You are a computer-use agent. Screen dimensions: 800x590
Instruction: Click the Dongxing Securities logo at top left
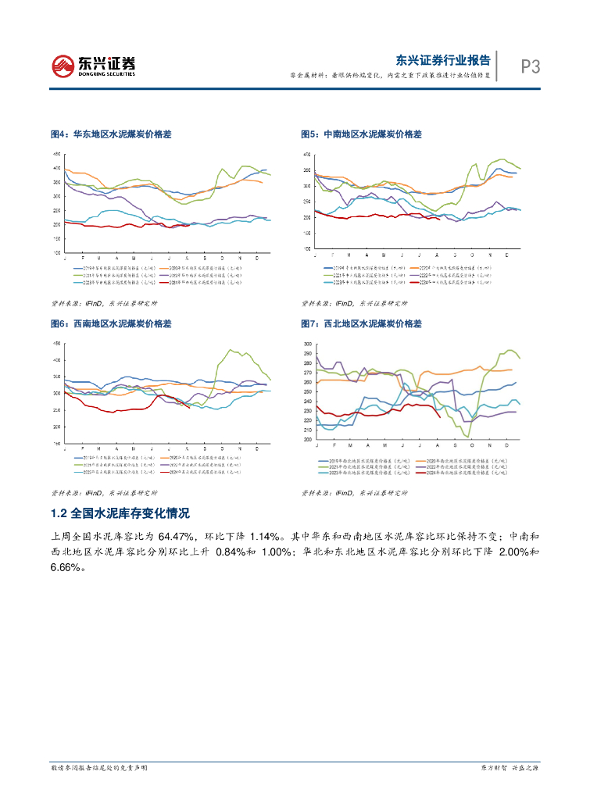(x=92, y=66)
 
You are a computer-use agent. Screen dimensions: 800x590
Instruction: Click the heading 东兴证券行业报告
(x=443, y=60)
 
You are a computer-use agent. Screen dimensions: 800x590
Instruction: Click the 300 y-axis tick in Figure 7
(x=307, y=344)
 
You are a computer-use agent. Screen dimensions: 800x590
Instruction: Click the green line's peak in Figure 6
(x=230, y=350)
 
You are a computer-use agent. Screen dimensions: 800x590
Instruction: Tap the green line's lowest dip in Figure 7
(x=467, y=437)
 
